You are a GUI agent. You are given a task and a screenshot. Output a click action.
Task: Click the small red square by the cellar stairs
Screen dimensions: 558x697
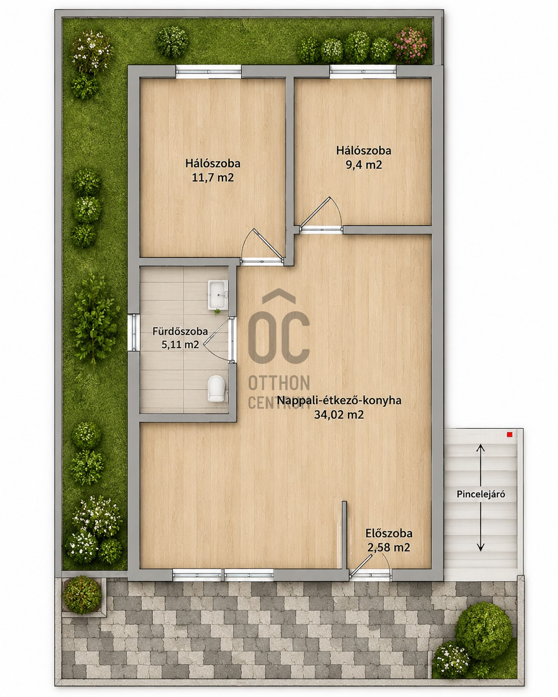point(510,435)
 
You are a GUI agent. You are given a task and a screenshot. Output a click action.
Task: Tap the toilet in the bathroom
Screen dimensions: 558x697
point(216,388)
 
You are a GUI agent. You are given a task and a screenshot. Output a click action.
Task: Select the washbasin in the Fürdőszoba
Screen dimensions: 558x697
point(218,294)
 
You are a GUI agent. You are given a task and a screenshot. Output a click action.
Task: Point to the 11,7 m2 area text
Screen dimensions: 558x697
point(212,178)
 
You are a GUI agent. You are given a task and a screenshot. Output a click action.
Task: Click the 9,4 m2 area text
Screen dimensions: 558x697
point(364,165)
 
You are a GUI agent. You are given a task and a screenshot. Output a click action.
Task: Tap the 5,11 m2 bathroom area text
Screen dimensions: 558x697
point(180,345)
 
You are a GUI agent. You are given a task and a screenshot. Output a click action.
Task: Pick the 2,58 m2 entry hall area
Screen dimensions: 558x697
point(389,548)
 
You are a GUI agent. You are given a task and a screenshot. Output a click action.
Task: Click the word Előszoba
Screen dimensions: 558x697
point(389,533)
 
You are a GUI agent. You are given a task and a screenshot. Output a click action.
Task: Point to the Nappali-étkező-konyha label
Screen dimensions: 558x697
point(339,400)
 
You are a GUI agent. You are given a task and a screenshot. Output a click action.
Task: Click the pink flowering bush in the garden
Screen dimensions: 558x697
point(411,45)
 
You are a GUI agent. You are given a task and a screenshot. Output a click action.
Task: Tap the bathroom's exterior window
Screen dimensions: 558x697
point(133,332)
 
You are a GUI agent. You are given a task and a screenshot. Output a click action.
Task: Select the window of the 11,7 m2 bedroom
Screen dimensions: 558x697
point(208,72)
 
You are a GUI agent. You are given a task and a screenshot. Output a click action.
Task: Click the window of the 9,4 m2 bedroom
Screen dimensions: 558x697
point(363,72)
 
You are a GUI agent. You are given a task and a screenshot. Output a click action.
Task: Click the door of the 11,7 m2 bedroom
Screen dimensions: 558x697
point(263,247)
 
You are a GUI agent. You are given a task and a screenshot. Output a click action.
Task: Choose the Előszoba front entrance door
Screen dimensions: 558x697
point(370,567)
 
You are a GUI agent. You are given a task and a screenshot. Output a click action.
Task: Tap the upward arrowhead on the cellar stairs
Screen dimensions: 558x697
point(480,448)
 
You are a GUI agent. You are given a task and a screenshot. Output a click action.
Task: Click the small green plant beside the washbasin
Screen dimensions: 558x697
point(217,312)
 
